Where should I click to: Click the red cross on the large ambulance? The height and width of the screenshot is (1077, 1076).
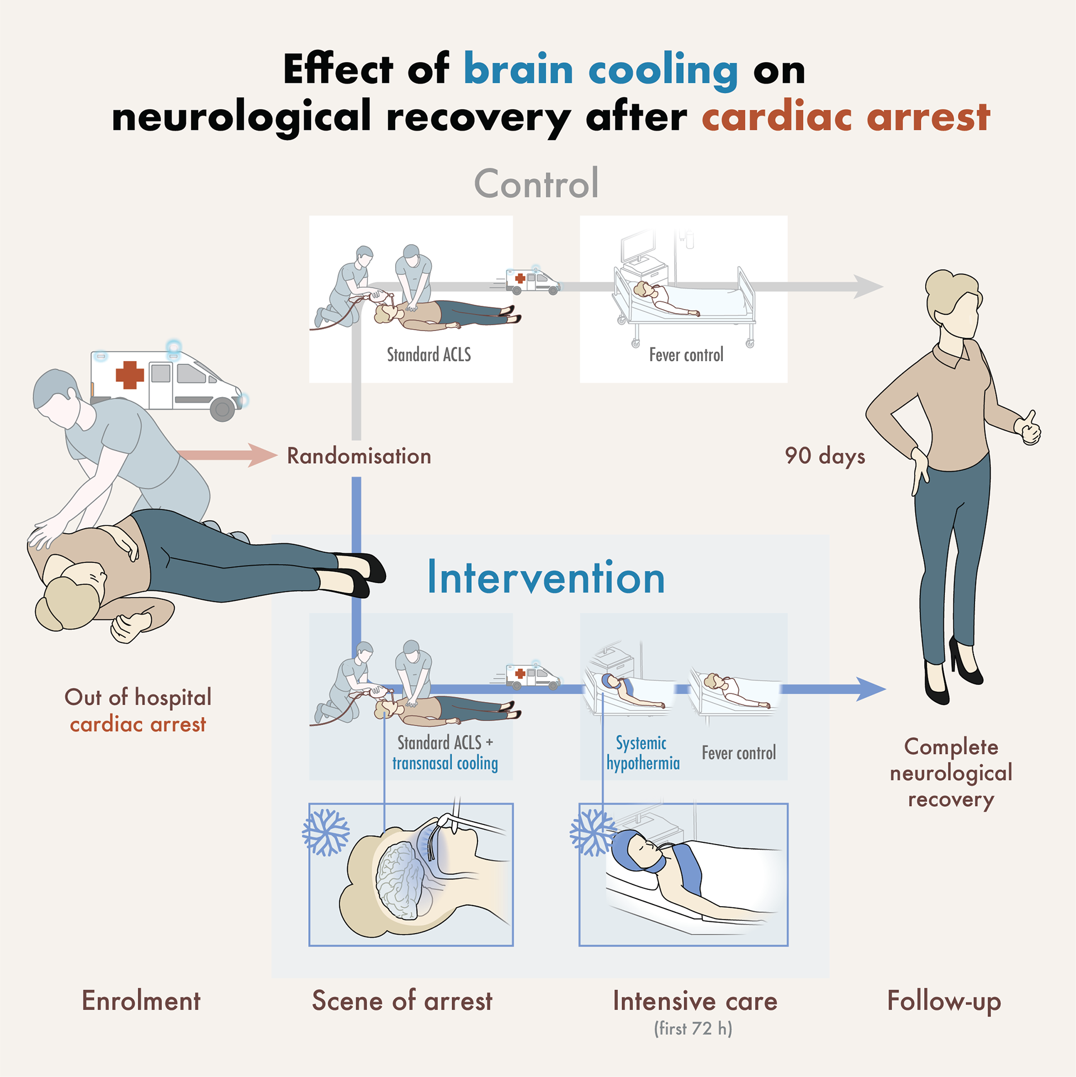(129, 375)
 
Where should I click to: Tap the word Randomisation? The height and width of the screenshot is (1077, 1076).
(359, 456)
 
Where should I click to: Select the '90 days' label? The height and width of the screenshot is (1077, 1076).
(824, 456)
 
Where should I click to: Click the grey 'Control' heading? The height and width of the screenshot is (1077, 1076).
(536, 184)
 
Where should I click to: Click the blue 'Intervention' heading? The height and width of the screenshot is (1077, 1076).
(546, 578)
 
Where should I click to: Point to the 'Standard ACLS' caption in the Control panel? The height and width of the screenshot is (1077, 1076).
(429, 355)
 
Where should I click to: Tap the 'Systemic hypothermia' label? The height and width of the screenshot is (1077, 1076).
(643, 753)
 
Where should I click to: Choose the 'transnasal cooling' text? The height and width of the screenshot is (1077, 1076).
(445, 763)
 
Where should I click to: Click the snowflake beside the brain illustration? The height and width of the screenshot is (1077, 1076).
(326, 833)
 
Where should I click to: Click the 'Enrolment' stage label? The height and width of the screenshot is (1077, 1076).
(141, 1001)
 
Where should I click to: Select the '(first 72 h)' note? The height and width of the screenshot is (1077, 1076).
(693, 1029)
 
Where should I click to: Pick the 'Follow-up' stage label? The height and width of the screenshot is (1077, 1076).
(944, 1001)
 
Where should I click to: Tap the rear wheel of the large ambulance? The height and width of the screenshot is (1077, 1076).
(222, 409)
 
